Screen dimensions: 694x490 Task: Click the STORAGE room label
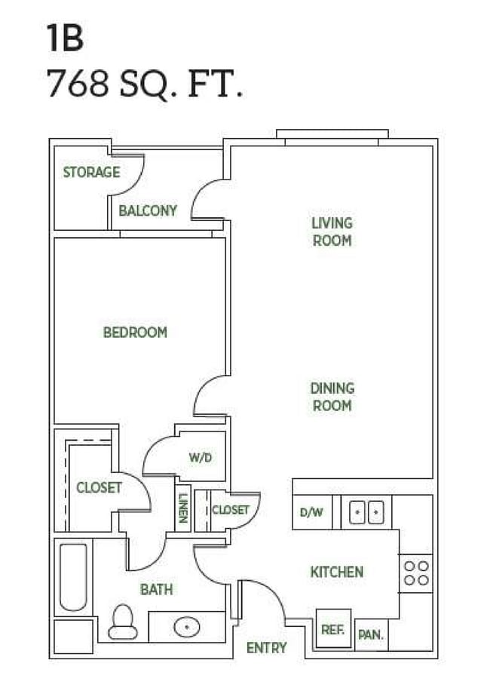(91, 172)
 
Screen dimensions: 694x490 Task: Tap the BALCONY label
(148, 210)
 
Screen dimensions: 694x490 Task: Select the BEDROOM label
(135, 332)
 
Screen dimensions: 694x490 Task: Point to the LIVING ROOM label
(332, 232)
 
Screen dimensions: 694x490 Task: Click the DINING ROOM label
(332, 397)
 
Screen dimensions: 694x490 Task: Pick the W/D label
(200, 457)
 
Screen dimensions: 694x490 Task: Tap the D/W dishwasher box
(311, 512)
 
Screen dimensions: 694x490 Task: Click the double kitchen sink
(366, 512)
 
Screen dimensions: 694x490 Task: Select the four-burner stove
(415, 573)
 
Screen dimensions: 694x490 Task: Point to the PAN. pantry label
(370, 635)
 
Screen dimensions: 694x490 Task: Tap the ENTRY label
(266, 647)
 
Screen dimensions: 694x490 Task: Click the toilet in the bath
(122, 622)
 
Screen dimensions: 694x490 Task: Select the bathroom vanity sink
(185, 626)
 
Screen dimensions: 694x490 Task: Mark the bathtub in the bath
(73, 577)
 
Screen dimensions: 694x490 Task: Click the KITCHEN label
(337, 573)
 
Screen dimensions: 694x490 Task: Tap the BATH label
(157, 589)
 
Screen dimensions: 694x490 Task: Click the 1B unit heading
(64, 39)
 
